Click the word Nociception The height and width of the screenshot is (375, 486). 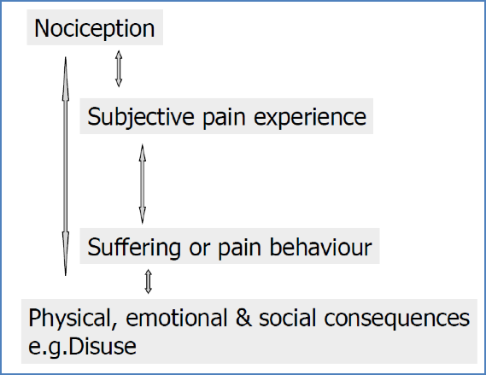click(94, 28)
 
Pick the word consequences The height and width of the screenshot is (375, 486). click(401, 319)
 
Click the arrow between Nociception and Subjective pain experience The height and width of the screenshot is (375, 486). click(120, 68)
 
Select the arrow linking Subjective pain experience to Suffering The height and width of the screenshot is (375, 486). click(143, 183)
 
